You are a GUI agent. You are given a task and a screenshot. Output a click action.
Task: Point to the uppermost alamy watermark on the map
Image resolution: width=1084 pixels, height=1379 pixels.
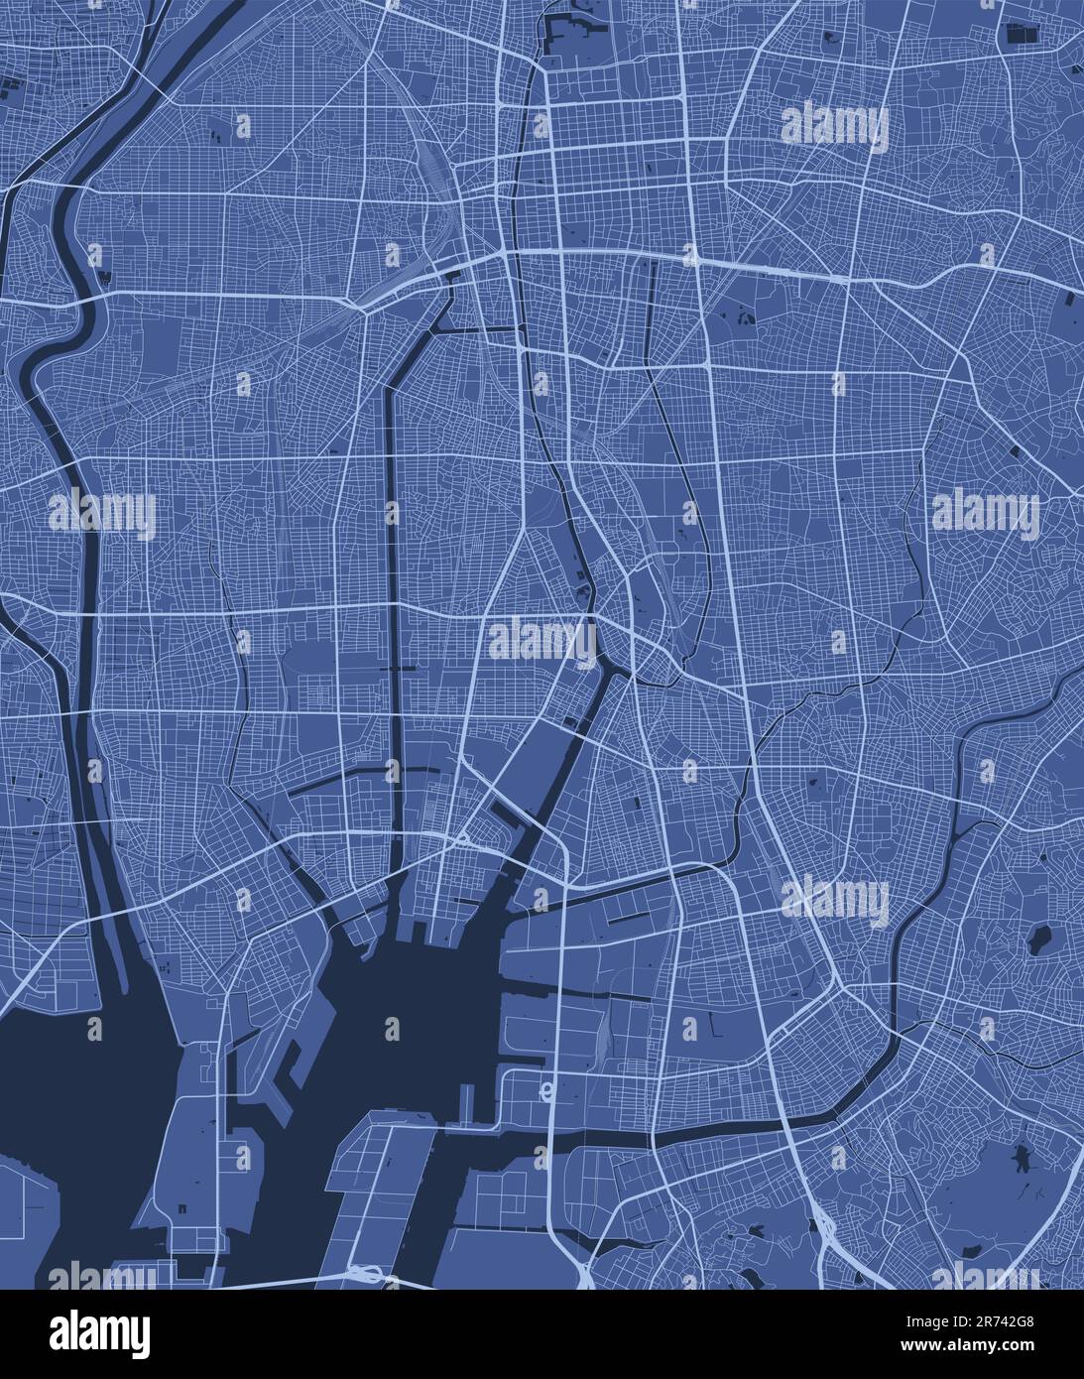[x=835, y=126]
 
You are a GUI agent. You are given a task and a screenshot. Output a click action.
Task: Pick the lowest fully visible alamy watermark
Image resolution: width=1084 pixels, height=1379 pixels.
[x=835, y=899]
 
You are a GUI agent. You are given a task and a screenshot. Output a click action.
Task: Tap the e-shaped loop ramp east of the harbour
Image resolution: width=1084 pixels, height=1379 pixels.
[x=544, y=1090]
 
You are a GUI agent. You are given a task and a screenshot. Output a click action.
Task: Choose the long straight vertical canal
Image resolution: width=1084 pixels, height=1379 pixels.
[x=391, y=595]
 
